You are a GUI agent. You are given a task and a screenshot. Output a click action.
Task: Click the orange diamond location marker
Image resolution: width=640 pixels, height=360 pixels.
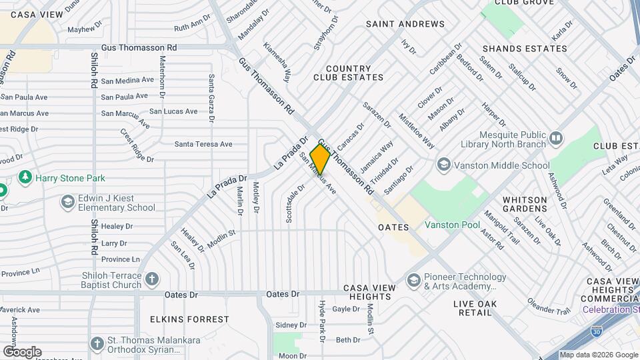[320, 159]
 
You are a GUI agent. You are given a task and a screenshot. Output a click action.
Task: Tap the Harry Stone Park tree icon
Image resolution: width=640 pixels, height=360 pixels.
[25, 177]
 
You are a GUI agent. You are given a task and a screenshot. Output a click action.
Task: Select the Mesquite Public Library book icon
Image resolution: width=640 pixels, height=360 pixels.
[556, 138]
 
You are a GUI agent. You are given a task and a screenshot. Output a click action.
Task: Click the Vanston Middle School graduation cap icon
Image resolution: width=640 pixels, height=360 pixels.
[443, 165]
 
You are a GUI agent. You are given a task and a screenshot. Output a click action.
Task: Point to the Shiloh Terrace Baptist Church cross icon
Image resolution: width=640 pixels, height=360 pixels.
[152, 279]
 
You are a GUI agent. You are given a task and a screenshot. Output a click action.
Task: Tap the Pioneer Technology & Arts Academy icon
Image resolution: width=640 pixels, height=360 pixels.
[413, 279]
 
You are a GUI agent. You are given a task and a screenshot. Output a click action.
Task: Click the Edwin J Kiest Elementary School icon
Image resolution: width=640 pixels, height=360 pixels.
[67, 201]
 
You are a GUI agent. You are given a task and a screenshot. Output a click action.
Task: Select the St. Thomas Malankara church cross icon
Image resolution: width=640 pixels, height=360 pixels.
[97, 344]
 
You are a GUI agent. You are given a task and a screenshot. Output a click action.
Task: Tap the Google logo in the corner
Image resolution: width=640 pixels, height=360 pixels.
[22, 351]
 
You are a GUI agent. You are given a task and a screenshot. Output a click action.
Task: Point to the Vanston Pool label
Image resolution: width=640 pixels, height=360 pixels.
[453, 225]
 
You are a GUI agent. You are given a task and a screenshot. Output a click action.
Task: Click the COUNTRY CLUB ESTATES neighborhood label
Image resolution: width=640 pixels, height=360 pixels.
[349, 73]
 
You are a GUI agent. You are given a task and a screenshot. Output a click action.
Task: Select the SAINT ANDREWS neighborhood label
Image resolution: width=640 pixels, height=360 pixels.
[405, 24]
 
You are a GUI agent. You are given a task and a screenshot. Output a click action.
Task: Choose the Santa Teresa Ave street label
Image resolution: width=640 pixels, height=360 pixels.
[203, 144]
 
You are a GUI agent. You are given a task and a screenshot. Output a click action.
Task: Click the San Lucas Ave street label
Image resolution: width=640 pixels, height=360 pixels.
[173, 111]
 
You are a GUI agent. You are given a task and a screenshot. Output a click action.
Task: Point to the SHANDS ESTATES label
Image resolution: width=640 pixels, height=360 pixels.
[525, 49]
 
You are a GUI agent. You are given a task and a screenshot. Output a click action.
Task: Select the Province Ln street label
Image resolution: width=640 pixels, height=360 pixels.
[121, 259]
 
